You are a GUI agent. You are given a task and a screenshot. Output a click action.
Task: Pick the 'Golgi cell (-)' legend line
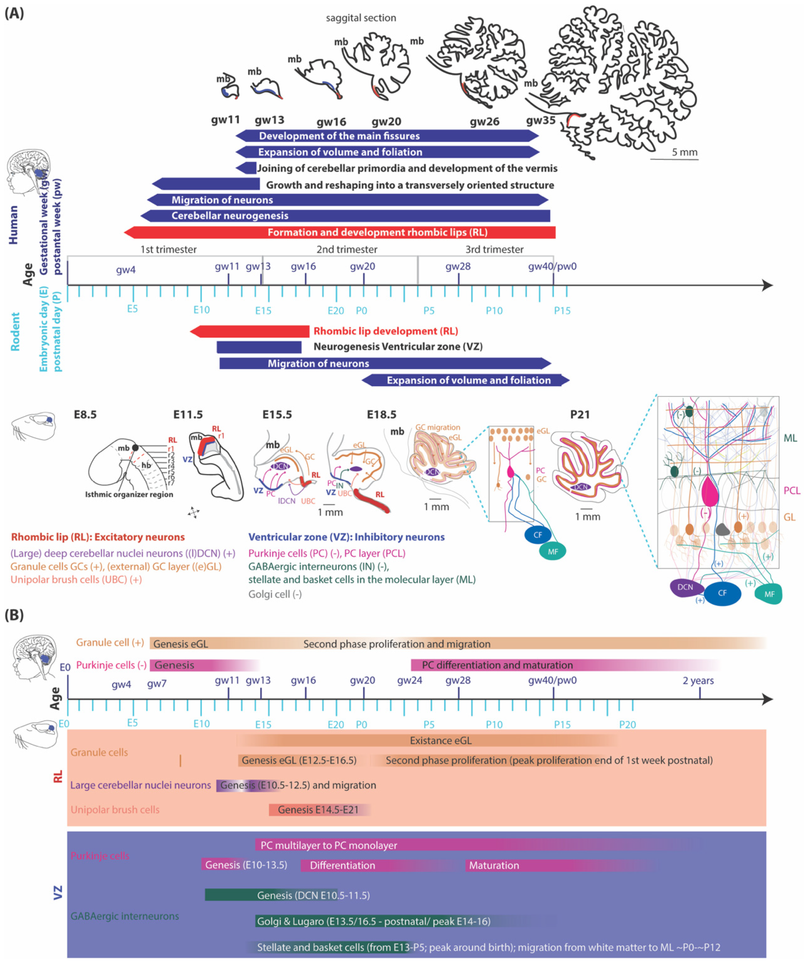[275, 594]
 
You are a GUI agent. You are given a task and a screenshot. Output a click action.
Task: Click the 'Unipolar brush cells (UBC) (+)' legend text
[76, 580]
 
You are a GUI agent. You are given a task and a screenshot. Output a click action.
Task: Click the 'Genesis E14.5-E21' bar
[318, 810]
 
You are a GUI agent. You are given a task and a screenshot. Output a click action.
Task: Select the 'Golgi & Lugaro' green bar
[373, 921]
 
